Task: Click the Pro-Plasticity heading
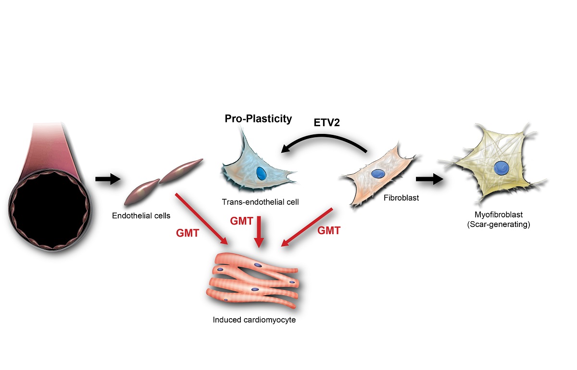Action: click(x=258, y=119)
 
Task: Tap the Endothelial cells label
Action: click(x=141, y=215)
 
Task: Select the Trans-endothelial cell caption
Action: click(x=260, y=202)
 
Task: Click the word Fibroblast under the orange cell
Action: click(x=401, y=196)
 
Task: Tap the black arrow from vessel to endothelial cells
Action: click(x=107, y=179)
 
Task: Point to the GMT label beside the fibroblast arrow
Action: click(x=329, y=231)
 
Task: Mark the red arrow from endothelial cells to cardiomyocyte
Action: click(x=202, y=218)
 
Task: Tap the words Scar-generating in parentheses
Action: click(x=498, y=225)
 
